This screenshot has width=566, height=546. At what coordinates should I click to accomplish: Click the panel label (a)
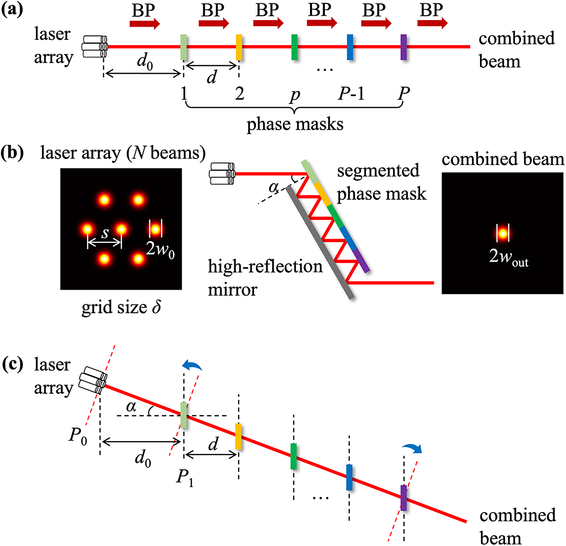(x=12, y=11)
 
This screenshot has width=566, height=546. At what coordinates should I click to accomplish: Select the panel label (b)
(x=12, y=153)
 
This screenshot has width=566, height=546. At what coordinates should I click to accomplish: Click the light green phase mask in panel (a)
(x=184, y=47)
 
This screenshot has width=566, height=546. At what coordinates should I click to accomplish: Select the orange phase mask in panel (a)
(x=239, y=47)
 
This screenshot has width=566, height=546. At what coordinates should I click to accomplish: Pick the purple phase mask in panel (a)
(x=404, y=47)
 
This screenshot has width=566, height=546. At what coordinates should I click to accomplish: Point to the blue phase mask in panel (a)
(x=350, y=47)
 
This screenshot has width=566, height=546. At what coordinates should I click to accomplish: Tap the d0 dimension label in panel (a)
(x=144, y=62)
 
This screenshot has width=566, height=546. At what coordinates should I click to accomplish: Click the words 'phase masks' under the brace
(x=295, y=124)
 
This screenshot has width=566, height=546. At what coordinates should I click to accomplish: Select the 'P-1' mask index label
(x=351, y=93)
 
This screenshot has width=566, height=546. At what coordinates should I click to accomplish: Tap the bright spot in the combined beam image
(x=503, y=233)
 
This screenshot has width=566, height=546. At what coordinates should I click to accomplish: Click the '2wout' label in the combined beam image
(x=509, y=257)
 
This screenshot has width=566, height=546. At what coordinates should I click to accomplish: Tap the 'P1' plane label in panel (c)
(x=185, y=477)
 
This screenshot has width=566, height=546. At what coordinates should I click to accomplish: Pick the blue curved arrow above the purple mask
(x=412, y=448)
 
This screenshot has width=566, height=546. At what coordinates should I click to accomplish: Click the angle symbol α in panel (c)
(x=131, y=406)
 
